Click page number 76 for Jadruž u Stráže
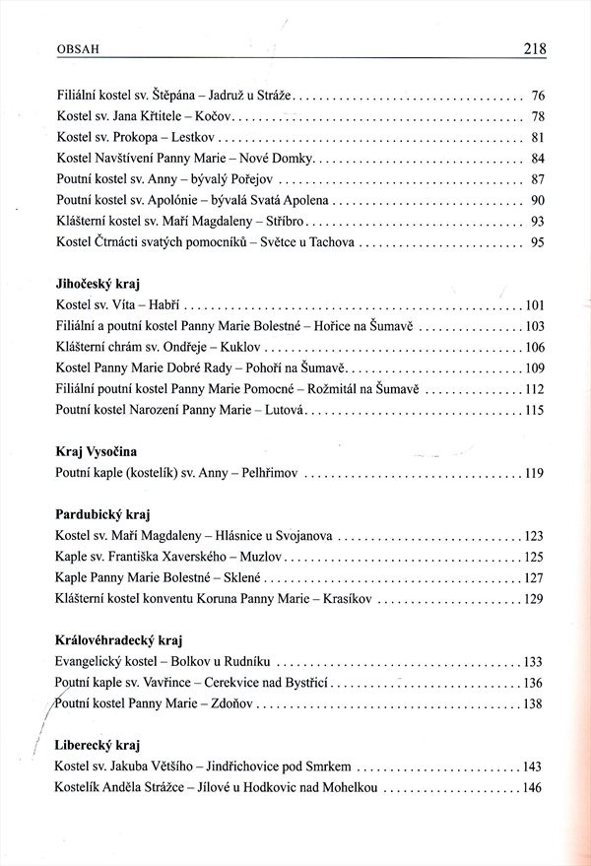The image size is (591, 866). click(538, 97)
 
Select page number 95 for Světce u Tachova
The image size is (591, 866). click(538, 241)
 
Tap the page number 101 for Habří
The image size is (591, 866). click(535, 304)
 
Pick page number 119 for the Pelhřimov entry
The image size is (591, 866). click(535, 473)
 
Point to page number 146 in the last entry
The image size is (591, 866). click(535, 787)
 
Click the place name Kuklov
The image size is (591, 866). click(240, 347)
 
